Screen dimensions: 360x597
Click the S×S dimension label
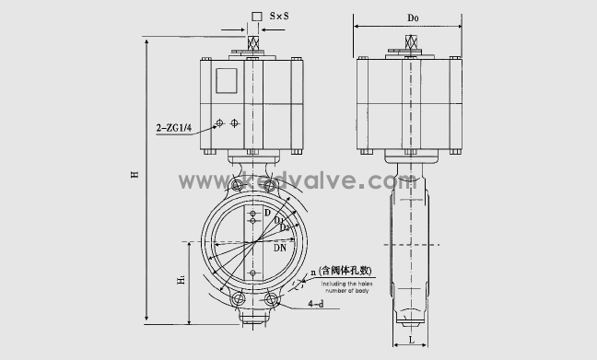(281, 17)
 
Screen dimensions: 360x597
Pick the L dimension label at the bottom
(409, 339)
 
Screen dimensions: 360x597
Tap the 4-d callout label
(315, 303)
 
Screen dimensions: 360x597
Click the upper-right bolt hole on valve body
(270, 187)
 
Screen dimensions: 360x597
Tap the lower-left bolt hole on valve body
(238, 299)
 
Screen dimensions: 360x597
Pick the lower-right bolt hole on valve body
(273, 299)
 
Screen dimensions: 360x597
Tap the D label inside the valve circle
(267, 214)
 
